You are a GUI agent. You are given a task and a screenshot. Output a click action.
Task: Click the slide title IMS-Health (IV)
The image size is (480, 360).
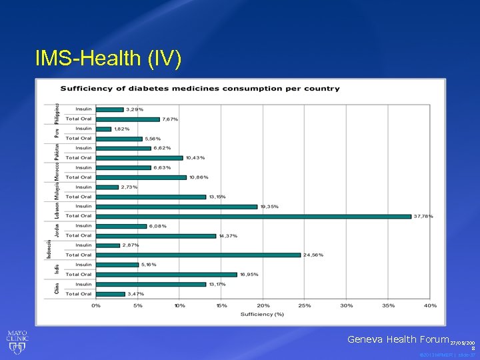(107, 59)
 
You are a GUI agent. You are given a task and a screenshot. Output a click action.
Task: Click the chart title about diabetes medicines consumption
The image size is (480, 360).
(200, 89)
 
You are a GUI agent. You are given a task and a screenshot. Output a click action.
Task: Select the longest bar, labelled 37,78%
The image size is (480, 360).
(253, 216)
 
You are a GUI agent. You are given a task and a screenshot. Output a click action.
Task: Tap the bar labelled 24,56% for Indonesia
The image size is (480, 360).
(198, 255)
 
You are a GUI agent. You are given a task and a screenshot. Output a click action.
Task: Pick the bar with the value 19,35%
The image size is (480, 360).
(176, 207)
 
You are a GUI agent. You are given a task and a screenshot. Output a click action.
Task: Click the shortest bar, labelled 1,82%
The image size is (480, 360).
(103, 129)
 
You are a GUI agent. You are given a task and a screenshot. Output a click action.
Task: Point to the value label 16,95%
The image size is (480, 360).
(249, 274)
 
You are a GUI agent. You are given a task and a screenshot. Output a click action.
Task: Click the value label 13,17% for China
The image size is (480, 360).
(217, 284)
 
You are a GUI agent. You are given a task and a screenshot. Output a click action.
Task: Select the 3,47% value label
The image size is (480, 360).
(136, 294)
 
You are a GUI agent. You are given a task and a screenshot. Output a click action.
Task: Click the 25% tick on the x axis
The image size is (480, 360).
(305, 305)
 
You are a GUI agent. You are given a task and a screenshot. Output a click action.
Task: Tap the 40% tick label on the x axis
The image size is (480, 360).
(430, 305)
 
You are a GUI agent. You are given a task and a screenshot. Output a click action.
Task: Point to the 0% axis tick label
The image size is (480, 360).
(96, 305)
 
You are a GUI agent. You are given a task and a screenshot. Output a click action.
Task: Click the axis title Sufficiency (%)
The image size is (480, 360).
(262, 314)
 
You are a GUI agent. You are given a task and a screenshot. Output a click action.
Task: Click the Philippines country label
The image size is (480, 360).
(57, 114)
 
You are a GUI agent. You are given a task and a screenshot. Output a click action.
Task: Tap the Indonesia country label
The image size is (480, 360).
(50, 249)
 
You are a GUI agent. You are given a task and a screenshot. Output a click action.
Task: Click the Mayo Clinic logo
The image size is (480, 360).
(17, 342)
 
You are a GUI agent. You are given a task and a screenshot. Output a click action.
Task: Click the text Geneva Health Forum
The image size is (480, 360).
(397, 339)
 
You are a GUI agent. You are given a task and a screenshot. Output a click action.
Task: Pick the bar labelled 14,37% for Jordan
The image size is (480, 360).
(156, 235)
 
